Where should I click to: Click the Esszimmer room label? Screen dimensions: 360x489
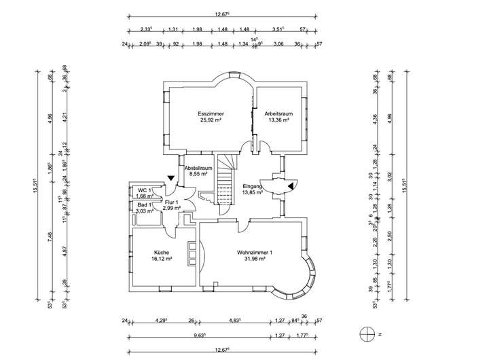click(x=211, y=113)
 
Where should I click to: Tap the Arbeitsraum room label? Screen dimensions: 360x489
click(x=278, y=113)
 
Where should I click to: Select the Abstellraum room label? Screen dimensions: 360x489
click(x=199, y=167)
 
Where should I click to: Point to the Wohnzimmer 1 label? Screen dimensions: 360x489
click(x=255, y=253)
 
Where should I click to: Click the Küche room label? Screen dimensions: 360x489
click(x=162, y=253)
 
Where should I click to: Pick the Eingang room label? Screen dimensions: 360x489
click(x=253, y=185)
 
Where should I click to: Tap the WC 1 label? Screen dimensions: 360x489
click(x=144, y=190)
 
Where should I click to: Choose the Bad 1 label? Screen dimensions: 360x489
click(x=144, y=205)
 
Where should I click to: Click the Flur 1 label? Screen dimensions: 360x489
click(x=171, y=202)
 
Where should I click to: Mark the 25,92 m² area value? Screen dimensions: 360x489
click(x=211, y=120)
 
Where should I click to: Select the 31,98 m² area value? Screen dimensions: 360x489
click(x=255, y=260)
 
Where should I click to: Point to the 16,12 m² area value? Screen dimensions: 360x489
click(x=162, y=259)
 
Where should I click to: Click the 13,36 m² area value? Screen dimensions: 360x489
click(x=278, y=120)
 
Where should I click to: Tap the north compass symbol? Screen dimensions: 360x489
click(x=367, y=334)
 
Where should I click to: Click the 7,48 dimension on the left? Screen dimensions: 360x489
click(x=50, y=236)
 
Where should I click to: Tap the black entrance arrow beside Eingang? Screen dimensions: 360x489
click(x=291, y=185)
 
